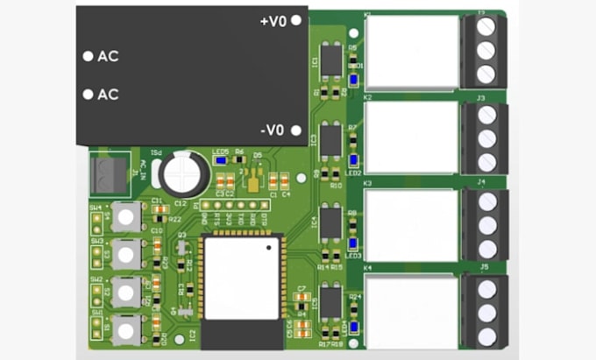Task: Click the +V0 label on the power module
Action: [x=273, y=20]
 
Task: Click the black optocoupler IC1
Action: [x=331, y=60]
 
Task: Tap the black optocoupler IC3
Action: [x=331, y=139]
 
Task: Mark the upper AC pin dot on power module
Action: [x=88, y=56]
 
